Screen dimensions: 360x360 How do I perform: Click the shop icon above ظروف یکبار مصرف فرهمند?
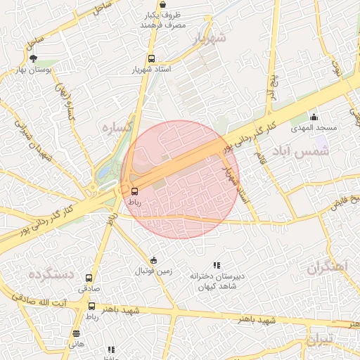click(163, 4)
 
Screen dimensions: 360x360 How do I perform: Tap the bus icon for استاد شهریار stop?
click(151, 59)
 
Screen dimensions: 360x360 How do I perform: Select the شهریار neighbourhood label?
click(210, 37)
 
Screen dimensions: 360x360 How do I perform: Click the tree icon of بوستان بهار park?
click(34, 59)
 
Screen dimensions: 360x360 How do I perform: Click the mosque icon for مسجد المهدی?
click(314, 117)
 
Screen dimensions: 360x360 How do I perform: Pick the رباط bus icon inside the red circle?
click(134, 191)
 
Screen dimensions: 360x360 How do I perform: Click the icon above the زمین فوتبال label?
click(154, 259)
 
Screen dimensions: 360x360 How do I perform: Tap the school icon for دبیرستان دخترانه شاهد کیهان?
click(217, 265)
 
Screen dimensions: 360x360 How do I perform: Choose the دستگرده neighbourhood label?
click(51, 274)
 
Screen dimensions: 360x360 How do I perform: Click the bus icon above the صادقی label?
click(89, 278)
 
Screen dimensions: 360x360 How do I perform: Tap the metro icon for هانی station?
click(76, 333)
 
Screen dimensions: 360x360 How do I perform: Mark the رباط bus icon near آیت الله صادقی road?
click(92, 306)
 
